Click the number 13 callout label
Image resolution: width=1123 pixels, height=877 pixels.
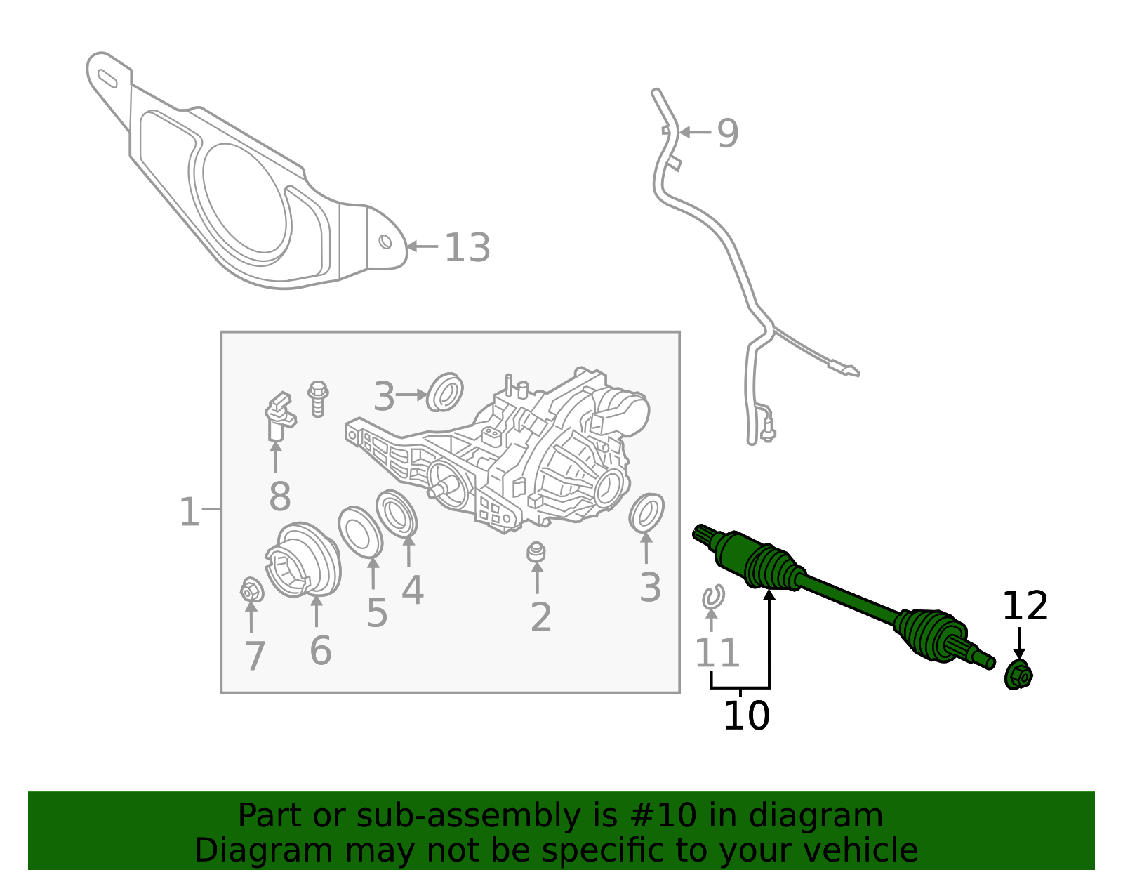click(467, 248)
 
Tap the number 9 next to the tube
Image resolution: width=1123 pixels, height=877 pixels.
click(728, 133)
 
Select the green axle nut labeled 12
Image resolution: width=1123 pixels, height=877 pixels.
click(1018, 675)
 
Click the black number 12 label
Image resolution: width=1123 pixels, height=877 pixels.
click(1025, 606)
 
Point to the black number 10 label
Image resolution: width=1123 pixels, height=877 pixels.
click(746, 716)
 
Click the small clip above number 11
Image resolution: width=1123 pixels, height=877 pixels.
click(713, 597)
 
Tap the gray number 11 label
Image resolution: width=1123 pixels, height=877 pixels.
click(717, 653)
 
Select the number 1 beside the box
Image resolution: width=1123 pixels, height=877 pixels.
click(190, 512)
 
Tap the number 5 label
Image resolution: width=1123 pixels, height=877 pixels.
click(376, 613)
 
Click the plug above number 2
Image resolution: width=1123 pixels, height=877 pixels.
click(536, 552)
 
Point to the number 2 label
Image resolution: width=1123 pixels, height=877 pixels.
click(540, 617)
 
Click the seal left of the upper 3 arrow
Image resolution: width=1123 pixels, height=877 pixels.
click(446, 392)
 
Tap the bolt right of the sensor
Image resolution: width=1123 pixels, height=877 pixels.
click(318, 398)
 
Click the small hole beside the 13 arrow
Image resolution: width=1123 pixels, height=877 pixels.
click(385, 242)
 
